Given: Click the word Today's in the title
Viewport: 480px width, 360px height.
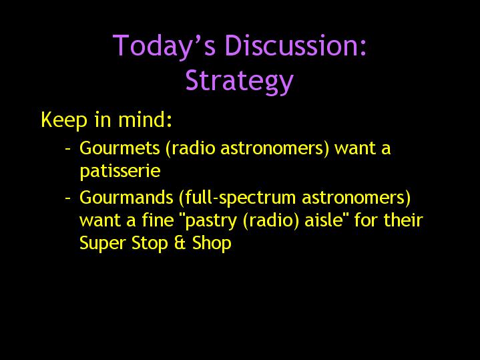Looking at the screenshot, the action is click(164, 46).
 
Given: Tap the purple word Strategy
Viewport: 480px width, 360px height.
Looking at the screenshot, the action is click(240, 81).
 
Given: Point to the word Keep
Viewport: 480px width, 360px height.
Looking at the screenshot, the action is click(64, 120).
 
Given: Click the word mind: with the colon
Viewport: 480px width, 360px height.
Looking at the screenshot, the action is click(145, 119).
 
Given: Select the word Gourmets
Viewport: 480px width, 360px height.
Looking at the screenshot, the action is click(119, 148).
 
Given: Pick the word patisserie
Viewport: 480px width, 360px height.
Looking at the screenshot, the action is click(119, 171).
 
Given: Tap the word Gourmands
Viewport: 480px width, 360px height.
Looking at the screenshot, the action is click(126, 197).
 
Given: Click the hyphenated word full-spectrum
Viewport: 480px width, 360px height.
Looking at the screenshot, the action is click(237, 198).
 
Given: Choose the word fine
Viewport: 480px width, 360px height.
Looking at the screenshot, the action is click(158, 220).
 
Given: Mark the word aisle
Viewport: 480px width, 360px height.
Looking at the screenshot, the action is click(324, 220).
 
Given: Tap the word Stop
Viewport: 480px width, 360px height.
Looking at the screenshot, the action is click(150, 244).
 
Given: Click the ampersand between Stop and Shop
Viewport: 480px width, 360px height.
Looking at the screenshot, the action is click(180, 243).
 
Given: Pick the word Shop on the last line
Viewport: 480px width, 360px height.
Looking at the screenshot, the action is click(212, 244).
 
